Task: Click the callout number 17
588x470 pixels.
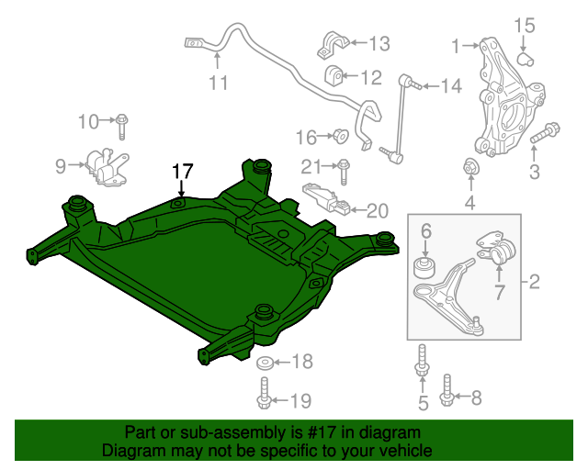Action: tap(181, 171)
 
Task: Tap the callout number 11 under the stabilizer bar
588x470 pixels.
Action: tap(217, 83)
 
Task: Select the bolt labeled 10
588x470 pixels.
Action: tap(123, 120)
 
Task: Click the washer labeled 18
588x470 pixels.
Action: tap(264, 362)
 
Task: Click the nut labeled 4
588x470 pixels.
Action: tap(469, 169)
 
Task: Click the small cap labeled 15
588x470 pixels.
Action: tap(527, 59)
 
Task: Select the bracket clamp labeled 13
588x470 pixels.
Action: tap(334, 43)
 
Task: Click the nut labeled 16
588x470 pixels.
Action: tap(338, 137)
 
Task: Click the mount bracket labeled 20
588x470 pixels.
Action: tap(326, 199)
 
